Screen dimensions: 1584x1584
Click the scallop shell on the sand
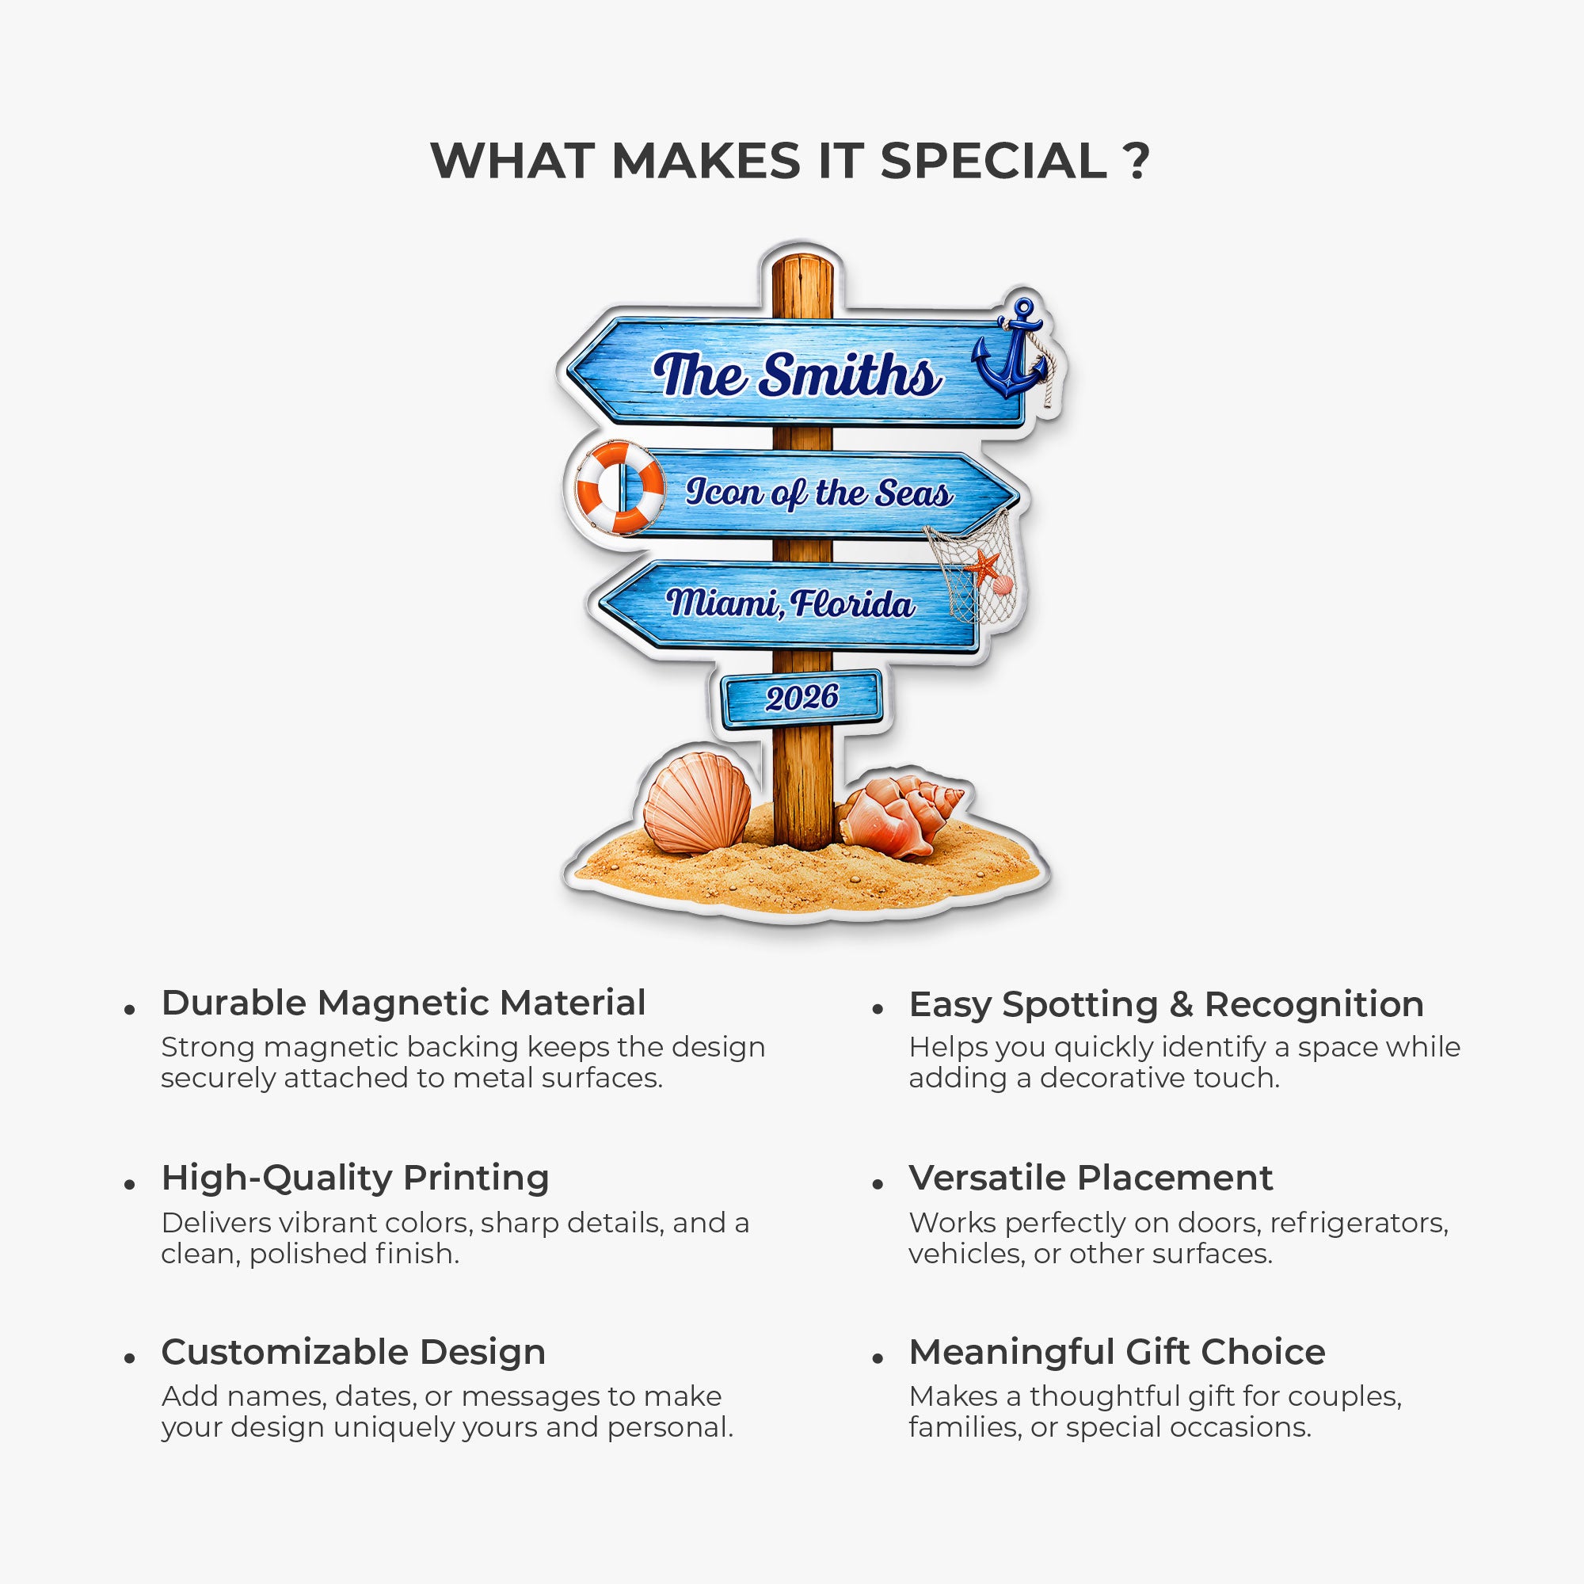coord(697,803)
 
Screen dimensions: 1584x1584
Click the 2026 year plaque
coord(801,698)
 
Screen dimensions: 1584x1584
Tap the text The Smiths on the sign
coord(797,375)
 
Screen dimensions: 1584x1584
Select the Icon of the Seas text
coord(819,493)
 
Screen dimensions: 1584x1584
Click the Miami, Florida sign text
coord(790,604)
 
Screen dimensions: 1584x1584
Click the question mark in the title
coord(1137,161)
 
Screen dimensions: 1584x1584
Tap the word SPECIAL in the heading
coord(994,161)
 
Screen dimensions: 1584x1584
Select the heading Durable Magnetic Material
coord(403,1003)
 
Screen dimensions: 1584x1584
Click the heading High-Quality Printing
coord(355,1178)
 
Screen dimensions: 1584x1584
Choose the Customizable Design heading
coord(353,1352)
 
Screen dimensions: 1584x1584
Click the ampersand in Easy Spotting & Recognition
coord(1181,1004)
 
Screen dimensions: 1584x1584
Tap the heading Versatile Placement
coord(1091,1178)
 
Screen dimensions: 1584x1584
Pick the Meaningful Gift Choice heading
coord(1117,1352)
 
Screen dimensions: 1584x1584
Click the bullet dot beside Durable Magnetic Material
coord(130,1010)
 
